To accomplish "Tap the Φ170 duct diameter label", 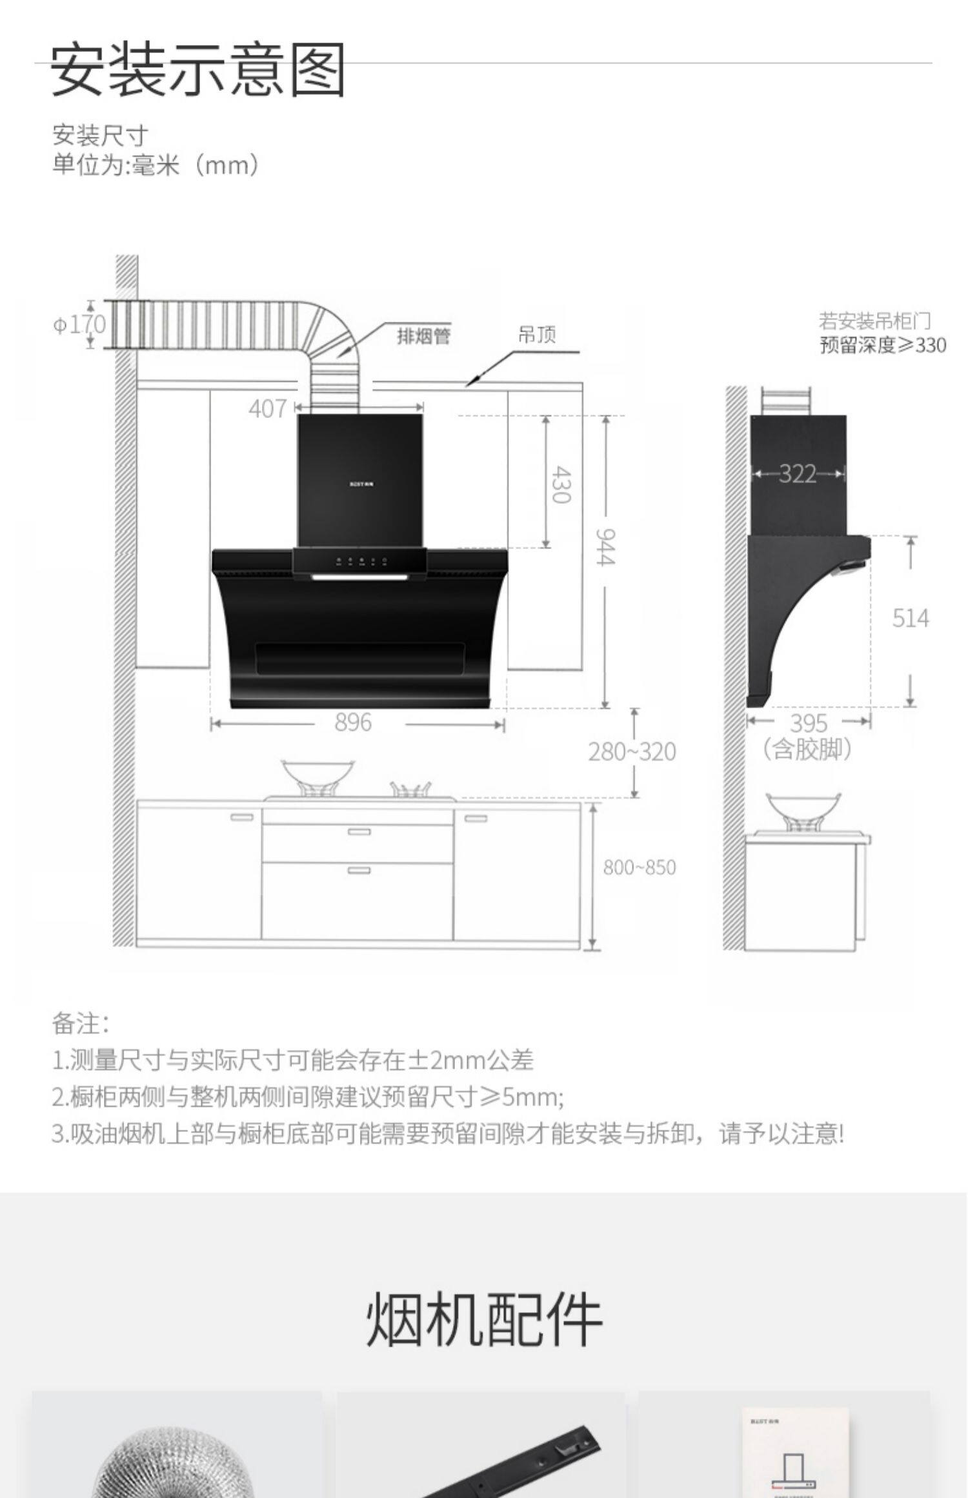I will point(79,324).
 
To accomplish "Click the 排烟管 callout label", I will point(423,336).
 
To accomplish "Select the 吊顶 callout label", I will point(536,335).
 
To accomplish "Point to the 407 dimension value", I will point(267,408).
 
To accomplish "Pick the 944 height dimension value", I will point(605,546).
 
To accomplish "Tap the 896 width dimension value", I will point(353,723).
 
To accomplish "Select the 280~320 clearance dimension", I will point(632,752).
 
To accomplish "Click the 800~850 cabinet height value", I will point(639,868).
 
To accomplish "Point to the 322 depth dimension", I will point(798,474).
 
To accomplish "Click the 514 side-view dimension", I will point(910,619).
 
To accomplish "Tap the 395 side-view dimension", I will point(809,723).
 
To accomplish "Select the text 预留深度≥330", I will point(882,345).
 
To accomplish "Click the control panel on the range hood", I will point(359,561).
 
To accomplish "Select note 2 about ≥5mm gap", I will point(308,1097).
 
